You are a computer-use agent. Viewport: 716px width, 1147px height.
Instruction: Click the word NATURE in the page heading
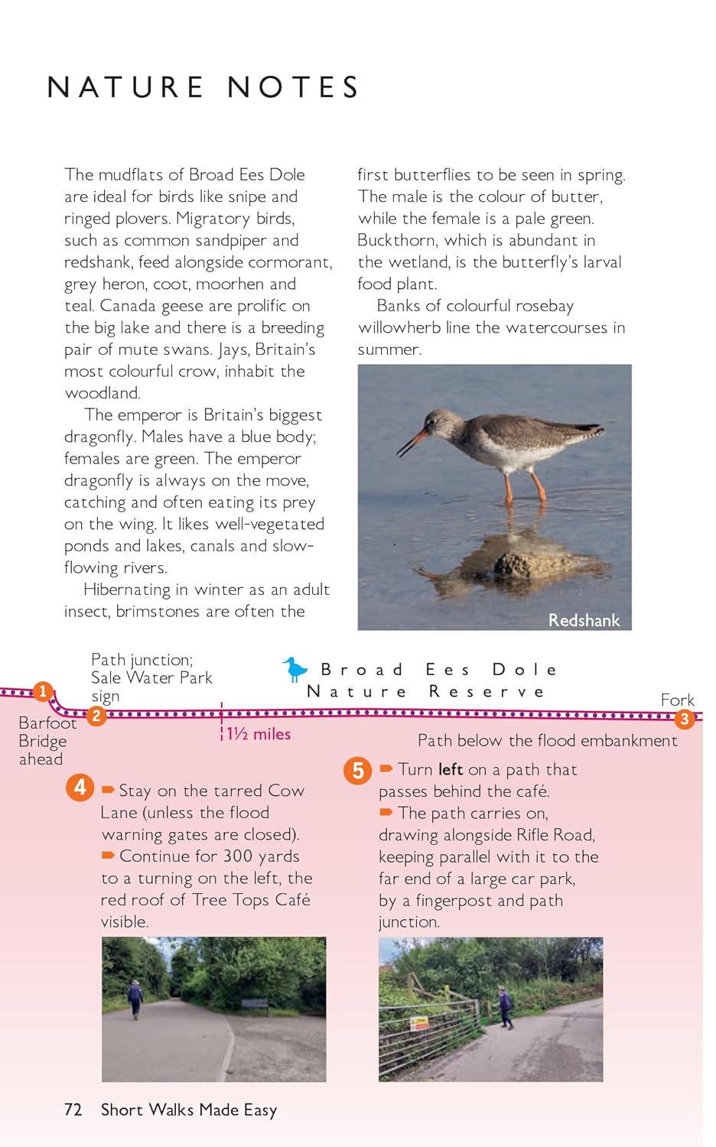tap(125, 87)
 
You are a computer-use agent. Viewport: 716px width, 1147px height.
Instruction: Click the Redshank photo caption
tap(584, 620)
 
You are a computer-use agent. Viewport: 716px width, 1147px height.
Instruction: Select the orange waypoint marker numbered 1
tap(44, 691)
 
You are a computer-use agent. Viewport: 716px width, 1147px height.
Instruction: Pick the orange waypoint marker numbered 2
tap(96, 716)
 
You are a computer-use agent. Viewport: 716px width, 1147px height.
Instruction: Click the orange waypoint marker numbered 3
tap(684, 718)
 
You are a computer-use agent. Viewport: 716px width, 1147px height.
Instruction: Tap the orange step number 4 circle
tap(80, 787)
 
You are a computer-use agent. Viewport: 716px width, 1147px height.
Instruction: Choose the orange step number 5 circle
tap(357, 770)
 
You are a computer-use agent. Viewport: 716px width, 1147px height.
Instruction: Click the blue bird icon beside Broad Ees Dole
tap(295, 669)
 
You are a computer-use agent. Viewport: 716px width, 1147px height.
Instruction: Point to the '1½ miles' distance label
tap(259, 734)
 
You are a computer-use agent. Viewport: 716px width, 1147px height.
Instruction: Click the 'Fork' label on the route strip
tap(677, 700)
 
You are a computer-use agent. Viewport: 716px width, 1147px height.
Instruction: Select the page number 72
tap(73, 1110)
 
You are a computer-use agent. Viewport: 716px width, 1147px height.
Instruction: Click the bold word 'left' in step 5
tap(451, 769)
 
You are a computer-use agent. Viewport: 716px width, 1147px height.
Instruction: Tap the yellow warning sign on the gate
tap(419, 1023)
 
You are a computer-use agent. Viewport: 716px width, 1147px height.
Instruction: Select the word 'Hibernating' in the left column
tap(127, 590)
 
